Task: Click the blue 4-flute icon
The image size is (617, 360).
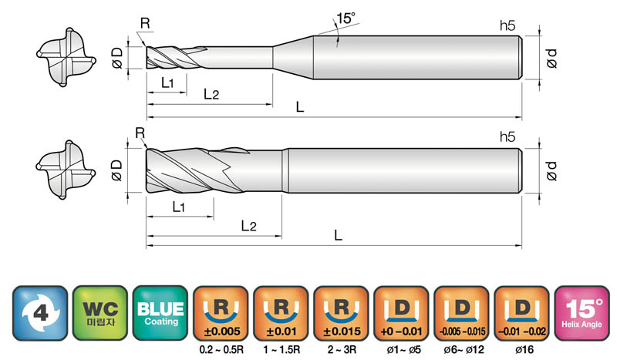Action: tap(40, 313)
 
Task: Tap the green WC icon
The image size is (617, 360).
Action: tap(100, 313)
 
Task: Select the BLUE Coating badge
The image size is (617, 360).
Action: tap(160, 313)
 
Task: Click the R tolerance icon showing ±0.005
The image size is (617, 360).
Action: tap(221, 313)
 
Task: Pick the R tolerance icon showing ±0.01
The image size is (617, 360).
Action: tap(281, 313)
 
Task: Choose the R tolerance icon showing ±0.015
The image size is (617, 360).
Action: tap(341, 313)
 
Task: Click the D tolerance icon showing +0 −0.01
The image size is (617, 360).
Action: tap(401, 313)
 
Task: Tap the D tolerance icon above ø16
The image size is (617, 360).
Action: tap(522, 313)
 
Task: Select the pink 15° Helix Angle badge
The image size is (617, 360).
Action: tap(582, 313)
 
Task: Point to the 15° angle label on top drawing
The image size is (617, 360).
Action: tap(346, 18)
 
